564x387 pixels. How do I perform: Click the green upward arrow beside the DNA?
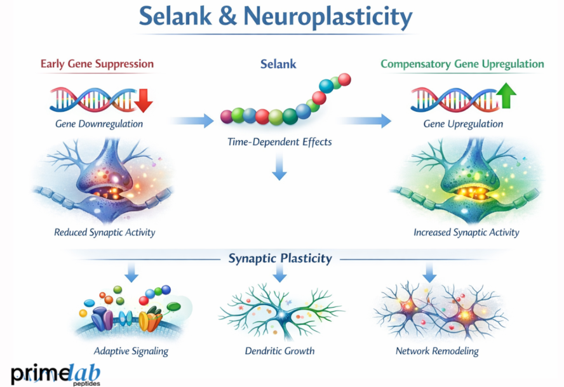(506, 96)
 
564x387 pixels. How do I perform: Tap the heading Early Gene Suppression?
(97, 64)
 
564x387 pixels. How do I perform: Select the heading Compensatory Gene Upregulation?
(462, 64)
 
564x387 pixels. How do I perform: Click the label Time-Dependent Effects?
(279, 142)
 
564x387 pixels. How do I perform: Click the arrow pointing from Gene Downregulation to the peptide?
(193, 119)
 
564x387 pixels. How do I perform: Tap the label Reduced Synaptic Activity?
(105, 232)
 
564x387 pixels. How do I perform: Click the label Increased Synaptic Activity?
(466, 232)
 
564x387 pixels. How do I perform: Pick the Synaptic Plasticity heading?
(280, 258)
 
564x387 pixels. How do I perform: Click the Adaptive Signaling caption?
(131, 350)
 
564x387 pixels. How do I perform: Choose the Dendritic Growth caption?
(280, 350)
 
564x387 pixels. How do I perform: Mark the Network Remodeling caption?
(437, 350)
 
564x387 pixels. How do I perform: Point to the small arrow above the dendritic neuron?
(280, 275)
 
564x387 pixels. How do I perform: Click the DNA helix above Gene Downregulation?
(92, 99)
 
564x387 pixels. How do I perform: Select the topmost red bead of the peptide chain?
(344, 79)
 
